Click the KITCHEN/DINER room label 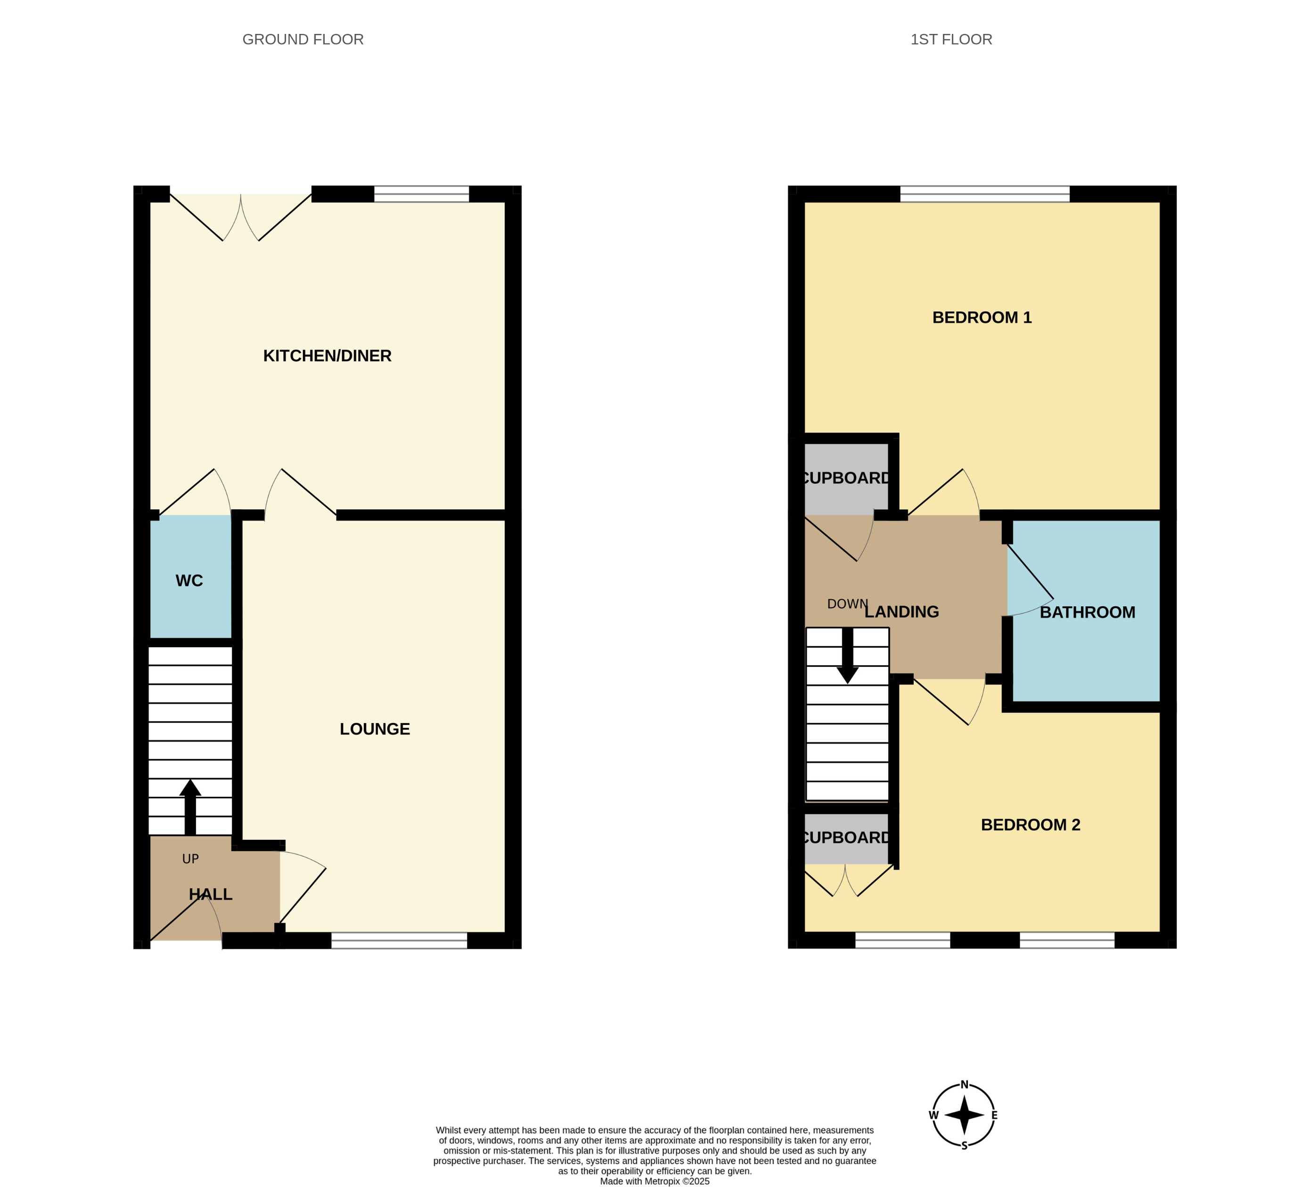click(327, 356)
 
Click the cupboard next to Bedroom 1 click(845, 478)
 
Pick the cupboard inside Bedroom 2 click(845, 837)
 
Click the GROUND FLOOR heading click(303, 40)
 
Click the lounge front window click(399, 940)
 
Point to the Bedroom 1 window click(984, 194)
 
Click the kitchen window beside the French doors click(421, 194)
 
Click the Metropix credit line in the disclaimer click(655, 1181)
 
